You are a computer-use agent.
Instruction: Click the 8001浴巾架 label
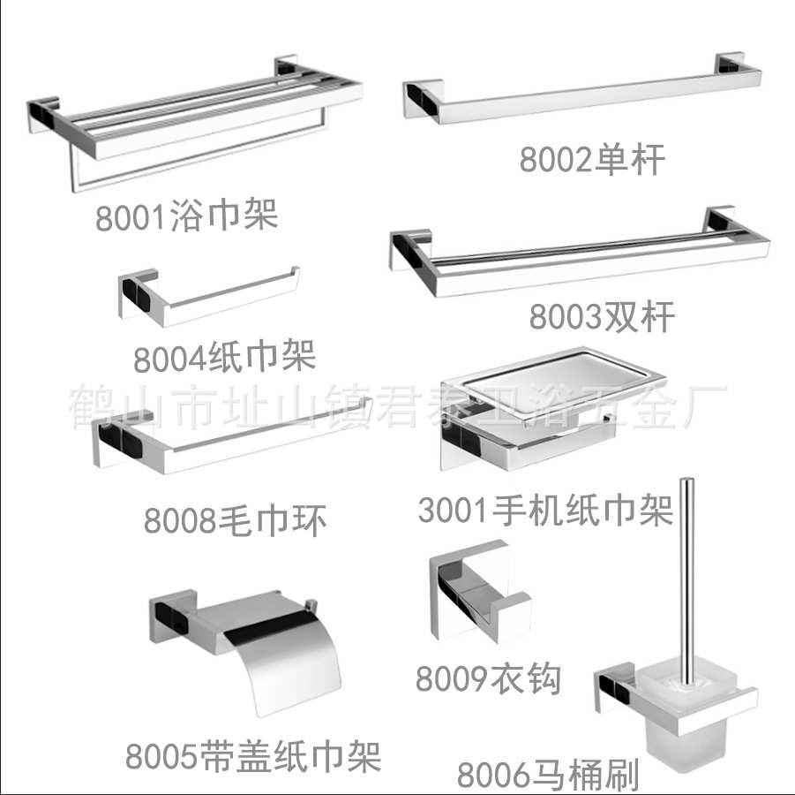(186, 215)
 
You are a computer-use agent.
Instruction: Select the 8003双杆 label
(602, 315)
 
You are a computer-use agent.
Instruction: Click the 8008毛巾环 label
(236, 521)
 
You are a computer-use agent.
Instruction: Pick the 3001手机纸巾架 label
(545, 511)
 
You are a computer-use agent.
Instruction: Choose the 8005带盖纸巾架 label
(252, 757)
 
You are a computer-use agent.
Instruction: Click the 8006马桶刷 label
(547, 776)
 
